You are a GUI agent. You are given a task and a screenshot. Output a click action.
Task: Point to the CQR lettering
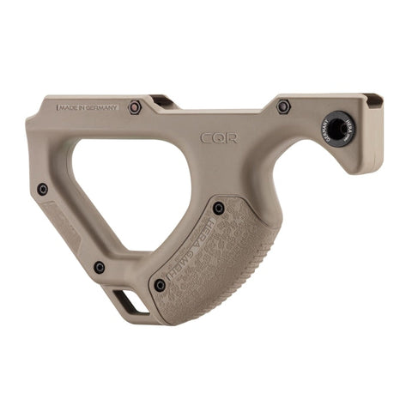point(220,137)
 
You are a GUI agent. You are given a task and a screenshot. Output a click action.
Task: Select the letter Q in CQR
point(220,137)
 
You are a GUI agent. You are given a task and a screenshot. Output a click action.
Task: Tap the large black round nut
point(340,128)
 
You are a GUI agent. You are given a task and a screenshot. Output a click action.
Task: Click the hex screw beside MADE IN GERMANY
point(135,107)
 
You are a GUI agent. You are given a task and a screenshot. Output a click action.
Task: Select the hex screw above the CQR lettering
point(283,107)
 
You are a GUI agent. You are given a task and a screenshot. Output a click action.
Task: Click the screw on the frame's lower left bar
point(100,267)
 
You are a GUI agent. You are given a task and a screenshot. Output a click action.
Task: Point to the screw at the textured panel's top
point(219,208)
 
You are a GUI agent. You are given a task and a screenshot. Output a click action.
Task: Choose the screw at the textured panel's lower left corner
point(160,285)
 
